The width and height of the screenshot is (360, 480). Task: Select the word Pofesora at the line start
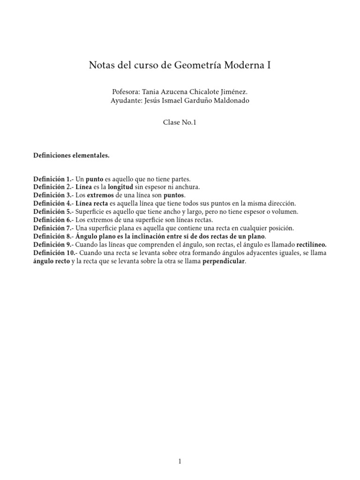[x=126, y=93]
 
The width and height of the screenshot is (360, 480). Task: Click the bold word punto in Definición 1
[x=93, y=179]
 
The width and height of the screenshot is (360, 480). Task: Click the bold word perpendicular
[x=224, y=261]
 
